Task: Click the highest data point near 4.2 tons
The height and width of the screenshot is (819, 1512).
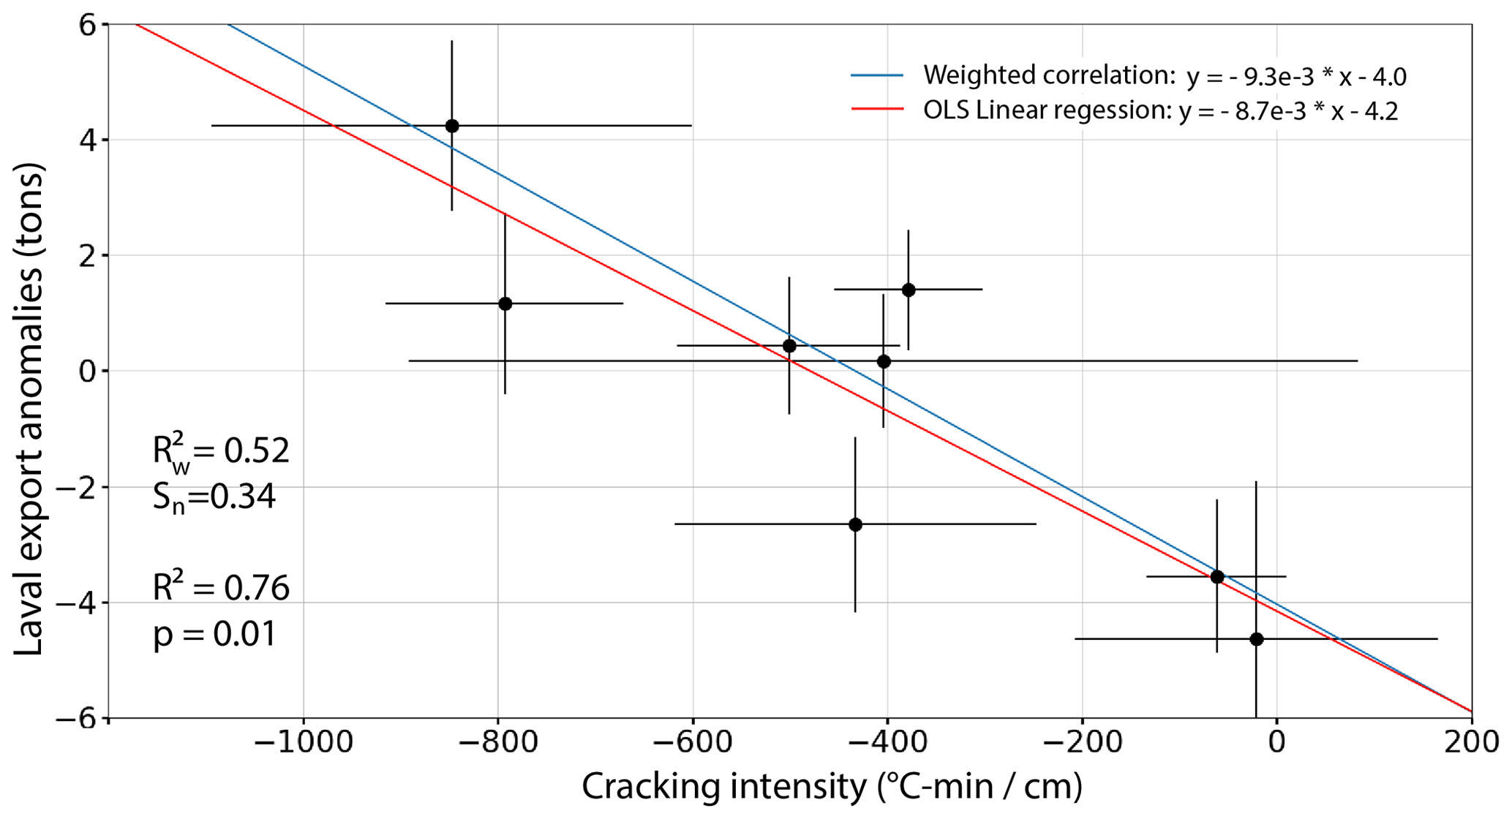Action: click(452, 126)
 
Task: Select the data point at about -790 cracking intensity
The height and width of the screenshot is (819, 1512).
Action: click(505, 303)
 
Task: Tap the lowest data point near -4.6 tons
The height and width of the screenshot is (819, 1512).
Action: click(1256, 639)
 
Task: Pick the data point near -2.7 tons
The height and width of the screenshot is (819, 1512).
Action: click(855, 524)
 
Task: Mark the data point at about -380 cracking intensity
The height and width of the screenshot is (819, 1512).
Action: click(909, 290)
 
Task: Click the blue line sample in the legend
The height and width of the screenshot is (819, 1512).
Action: click(876, 75)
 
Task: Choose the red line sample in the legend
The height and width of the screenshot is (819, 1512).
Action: click(876, 110)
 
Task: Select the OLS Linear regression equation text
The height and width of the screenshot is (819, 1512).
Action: click(1160, 110)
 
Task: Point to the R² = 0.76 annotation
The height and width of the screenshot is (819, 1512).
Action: click(221, 587)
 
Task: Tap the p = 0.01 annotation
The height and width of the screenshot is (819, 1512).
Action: click(214, 633)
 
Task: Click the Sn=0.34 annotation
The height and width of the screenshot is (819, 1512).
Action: click(214, 497)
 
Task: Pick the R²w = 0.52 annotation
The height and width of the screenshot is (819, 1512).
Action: click(221, 451)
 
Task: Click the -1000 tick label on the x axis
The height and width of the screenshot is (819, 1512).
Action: click(303, 743)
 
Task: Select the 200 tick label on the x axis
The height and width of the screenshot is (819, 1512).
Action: click(1470, 743)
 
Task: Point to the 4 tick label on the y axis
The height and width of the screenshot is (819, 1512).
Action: click(88, 140)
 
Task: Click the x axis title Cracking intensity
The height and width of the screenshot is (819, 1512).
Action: click(832, 787)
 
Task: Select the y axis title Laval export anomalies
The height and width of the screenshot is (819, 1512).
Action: click(29, 409)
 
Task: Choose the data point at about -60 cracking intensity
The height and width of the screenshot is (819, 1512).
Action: click(1217, 577)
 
